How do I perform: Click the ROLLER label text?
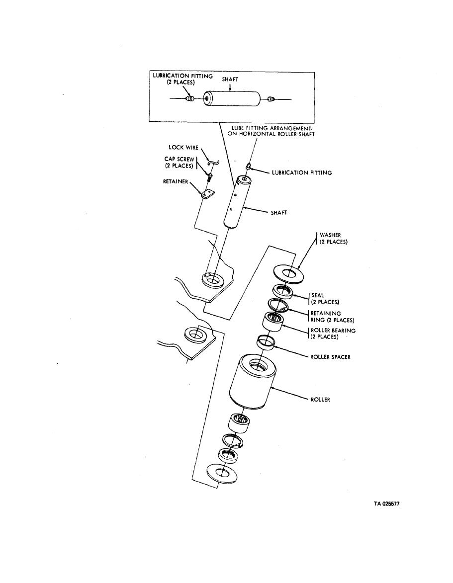point(320,400)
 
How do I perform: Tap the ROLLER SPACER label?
point(330,357)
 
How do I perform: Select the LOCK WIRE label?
point(183,148)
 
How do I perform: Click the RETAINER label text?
point(176,182)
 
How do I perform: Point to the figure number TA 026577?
point(387,504)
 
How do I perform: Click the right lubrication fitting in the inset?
point(271,99)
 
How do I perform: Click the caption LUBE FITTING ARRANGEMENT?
point(271,128)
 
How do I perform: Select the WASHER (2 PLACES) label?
point(333,239)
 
